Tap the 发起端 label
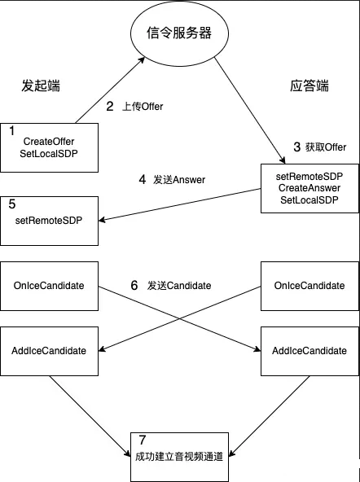[x=41, y=85]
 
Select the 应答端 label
[x=310, y=85]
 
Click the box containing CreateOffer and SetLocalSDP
[x=49, y=147]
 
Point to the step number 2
[x=110, y=106]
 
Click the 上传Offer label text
[x=143, y=107]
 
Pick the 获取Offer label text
[x=326, y=147]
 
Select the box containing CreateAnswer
[x=308, y=188]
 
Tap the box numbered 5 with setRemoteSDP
[x=49, y=221]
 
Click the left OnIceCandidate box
[x=49, y=286]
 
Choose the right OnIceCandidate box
[x=308, y=286]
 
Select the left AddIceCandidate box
[x=49, y=351]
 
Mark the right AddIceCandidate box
[x=308, y=351]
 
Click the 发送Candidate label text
[x=179, y=286]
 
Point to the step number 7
[x=142, y=440]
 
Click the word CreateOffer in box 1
[x=49, y=142]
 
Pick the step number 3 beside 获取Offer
[x=296, y=147]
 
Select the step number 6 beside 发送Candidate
[x=134, y=286]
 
